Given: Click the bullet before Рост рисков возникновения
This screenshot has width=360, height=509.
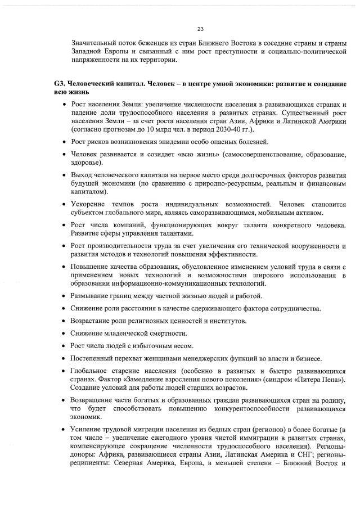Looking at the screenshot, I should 65,141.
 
